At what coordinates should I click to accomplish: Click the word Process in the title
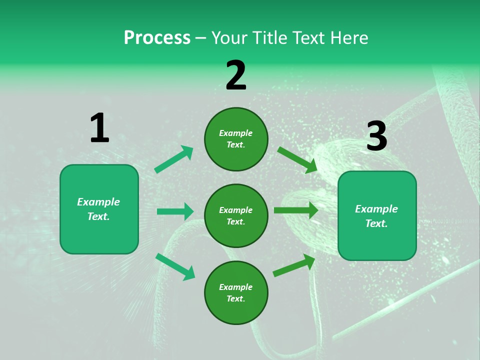pyautogui.click(x=157, y=37)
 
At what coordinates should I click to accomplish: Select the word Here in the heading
pyautogui.click(x=348, y=37)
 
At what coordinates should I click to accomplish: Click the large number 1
pyautogui.click(x=99, y=128)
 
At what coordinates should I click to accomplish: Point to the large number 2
pyautogui.click(x=236, y=75)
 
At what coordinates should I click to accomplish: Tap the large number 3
pyautogui.click(x=376, y=136)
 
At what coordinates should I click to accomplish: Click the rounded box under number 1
pyautogui.click(x=99, y=209)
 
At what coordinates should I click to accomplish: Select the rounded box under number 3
pyautogui.click(x=377, y=216)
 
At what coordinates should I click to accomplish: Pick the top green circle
pyautogui.click(x=236, y=139)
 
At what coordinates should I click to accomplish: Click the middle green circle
pyautogui.click(x=236, y=216)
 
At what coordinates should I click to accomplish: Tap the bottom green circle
pyautogui.click(x=236, y=293)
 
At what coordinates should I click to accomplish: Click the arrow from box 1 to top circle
pyautogui.click(x=174, y=159)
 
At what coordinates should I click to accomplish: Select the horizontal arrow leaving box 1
pyautogui.click(x=175, y=211)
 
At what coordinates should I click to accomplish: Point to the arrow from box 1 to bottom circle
pyautogui.click(x=175, y=266)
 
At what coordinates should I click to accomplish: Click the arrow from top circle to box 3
pyautogui.click(x=297, y=159)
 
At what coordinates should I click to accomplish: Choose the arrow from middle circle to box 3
pyautogui.click(x=295, y=210)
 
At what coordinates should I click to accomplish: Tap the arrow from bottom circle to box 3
pyautogui.click(x=294, y=265)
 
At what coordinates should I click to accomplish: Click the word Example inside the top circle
pyautogui.click(x=236, y=133)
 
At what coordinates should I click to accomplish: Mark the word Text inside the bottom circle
pyautogui.click(x=235, y=299)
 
